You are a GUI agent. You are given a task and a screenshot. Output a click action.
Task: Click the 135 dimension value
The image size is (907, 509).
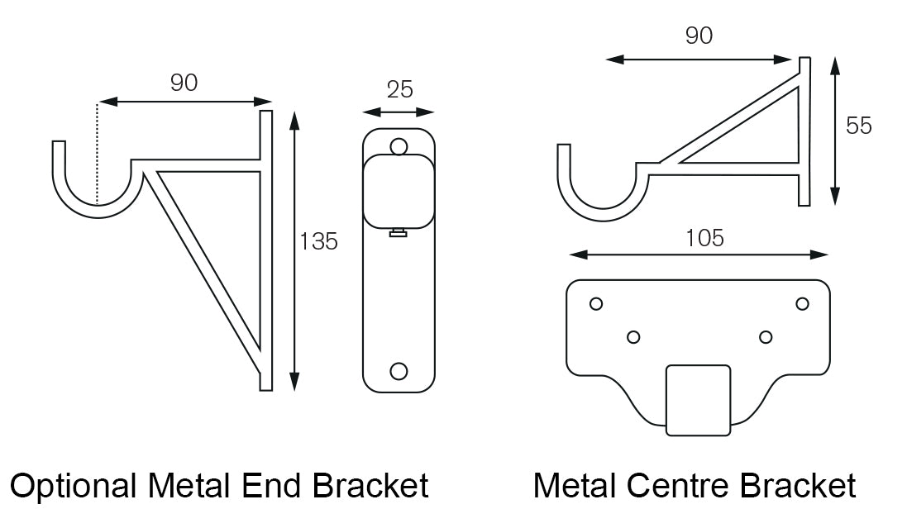pos(319,242)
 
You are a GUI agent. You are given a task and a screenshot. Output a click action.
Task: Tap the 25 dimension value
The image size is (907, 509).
pos(399,89)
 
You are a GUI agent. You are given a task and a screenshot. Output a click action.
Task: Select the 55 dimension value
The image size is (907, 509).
pos(859,126)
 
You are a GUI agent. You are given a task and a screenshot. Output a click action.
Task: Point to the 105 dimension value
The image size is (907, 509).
pos(704,238)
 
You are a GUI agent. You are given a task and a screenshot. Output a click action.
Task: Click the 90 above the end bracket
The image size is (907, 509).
pos(184,83)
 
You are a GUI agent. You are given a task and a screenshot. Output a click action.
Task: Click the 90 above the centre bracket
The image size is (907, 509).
pos(699,36)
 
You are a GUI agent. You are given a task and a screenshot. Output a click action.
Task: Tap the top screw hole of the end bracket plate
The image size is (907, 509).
pos(399,147)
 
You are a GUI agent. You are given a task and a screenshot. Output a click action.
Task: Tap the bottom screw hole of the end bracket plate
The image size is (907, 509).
pos(399,370)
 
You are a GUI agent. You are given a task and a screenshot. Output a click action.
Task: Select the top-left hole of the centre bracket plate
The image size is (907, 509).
pos(595,303)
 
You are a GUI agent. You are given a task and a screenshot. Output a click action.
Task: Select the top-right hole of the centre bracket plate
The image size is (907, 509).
pos(802,303)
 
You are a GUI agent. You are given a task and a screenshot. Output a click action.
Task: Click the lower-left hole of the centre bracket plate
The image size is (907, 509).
pos(633,336)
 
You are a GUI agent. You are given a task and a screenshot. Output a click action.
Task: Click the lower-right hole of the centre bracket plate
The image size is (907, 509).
pos(766,336)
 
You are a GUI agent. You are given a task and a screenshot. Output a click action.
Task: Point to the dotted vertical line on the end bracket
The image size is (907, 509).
pos(98,153)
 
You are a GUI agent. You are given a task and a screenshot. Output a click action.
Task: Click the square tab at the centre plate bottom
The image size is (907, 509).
pos(699,400)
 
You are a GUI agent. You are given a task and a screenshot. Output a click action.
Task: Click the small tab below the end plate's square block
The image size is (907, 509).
pos(399,234)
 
